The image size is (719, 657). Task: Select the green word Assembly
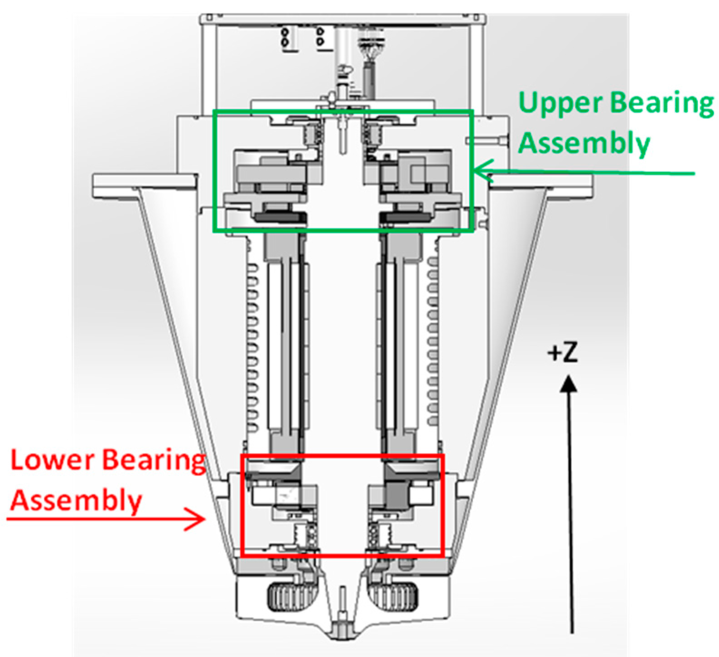pyautogui.click(x=584, y=143)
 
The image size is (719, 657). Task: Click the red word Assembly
pyautogui.click(x=76, y=501)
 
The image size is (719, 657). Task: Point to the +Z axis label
pyautogui.click(x=563, y=352)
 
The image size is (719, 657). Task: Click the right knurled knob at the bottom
pyautogui.click(x=393, y=597)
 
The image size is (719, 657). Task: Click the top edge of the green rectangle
pyautogui.click(x=343, y=111)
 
